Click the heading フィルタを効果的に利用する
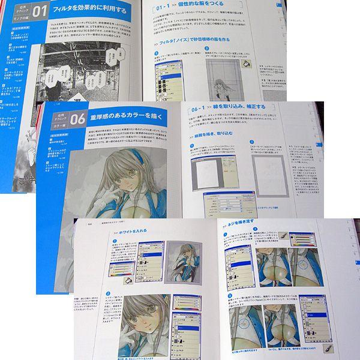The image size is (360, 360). (x=88, y=10)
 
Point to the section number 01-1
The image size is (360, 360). (x=164, y=10)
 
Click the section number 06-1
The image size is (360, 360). (x=202, y=109)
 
